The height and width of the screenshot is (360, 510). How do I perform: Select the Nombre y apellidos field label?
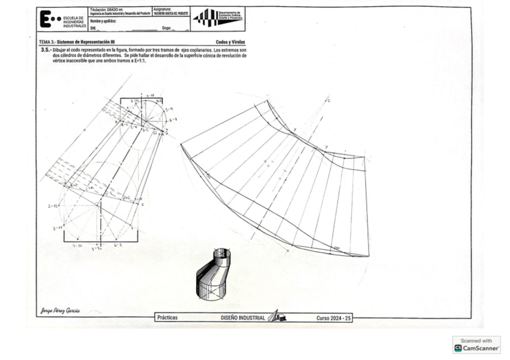pos(103,21)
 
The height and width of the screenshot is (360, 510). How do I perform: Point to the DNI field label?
pos(93,28)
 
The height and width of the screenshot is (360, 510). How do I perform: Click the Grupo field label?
pos(167,28)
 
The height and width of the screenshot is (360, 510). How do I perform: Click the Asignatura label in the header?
pos(162,10)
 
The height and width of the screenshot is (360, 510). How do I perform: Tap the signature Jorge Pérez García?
pos(60,311)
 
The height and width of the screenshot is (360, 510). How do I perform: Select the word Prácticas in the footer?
pos(167,318)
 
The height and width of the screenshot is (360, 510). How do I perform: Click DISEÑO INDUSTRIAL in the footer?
pos(243,318)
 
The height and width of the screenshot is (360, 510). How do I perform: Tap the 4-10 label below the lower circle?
pos(77,245)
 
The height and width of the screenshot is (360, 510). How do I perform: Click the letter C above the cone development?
pos(329,100)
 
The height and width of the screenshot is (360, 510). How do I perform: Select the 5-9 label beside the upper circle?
pos(168,109)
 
